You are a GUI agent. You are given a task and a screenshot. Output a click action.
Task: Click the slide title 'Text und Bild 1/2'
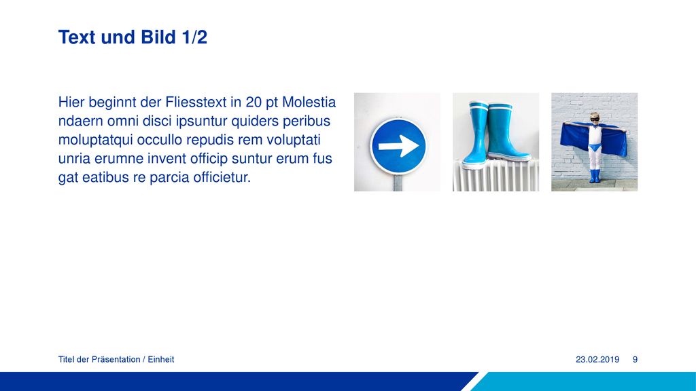coord(133,37)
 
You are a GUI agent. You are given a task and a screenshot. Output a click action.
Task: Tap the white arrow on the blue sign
coord(398,145)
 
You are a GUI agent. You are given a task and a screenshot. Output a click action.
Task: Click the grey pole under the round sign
coord(398,182)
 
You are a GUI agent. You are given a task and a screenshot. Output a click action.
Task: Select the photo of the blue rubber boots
coord(495,142)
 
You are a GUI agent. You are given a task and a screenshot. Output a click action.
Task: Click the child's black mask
coord(594,118)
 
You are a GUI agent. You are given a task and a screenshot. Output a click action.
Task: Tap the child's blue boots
coord(594,176)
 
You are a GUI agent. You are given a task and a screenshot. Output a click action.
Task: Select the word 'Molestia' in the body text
coord(309,103)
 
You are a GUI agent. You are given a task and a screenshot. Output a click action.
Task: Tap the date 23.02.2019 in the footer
coord(597,360)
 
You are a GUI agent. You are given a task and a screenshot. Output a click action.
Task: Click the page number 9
coord(636,360)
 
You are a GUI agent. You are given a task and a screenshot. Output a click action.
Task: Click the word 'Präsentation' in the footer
coord(116,360)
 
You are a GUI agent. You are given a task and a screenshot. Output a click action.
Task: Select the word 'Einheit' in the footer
coord(160,360)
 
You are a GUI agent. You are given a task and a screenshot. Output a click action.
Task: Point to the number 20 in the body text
coord(254,103)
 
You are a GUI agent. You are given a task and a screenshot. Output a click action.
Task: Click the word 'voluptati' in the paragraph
coord(294,140)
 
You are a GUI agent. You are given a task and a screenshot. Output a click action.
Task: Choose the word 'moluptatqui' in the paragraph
coord(95,140)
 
